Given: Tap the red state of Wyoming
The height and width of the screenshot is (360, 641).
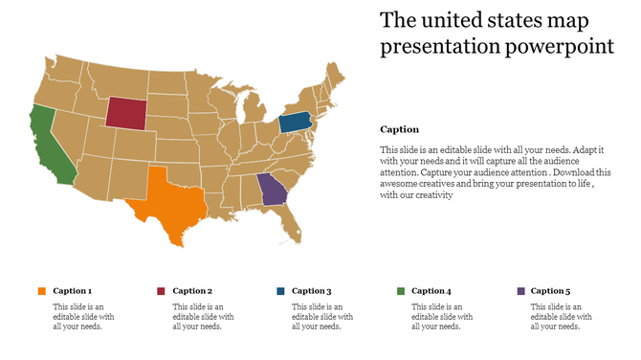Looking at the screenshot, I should click(123, 112).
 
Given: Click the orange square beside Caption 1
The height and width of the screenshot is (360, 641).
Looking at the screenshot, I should click(41, 291).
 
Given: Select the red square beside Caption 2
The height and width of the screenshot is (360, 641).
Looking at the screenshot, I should click(161, 291).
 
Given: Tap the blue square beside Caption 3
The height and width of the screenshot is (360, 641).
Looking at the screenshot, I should click(280, 291).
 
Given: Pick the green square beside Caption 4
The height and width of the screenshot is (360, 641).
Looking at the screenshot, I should click(400, 291).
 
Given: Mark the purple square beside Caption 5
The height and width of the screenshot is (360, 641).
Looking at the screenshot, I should click(519, 291).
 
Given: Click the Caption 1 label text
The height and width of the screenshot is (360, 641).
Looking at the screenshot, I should click(73, 291).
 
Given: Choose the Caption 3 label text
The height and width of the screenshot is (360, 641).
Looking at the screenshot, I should click(312, 291).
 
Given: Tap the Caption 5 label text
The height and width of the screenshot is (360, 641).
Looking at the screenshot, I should click(551, 291).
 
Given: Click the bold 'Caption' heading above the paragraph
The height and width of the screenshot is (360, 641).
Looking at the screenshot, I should click(399, 129).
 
